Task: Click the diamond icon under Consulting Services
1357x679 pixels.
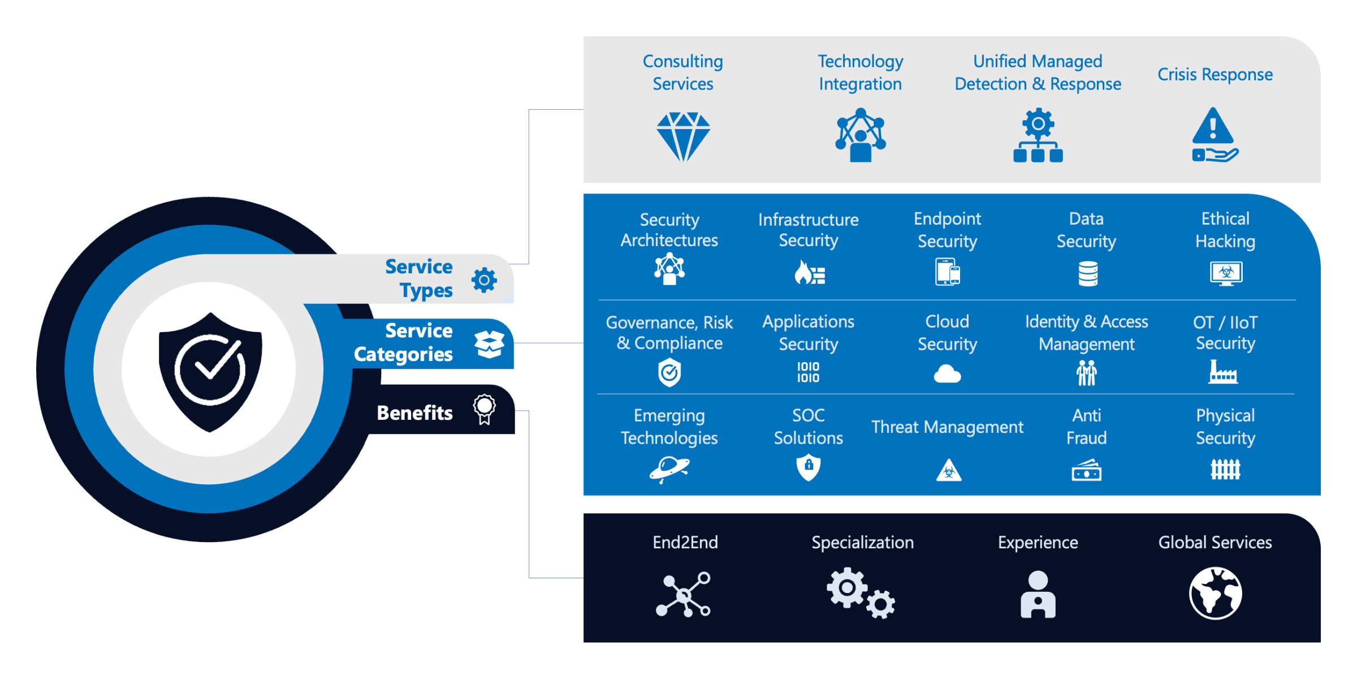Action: pyautogui.click(x=683, y=136)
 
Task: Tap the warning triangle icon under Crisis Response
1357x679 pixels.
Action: pyautogui.click(x=1213, y=135)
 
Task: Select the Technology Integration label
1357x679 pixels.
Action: pyautogui.click(x=860, y=72)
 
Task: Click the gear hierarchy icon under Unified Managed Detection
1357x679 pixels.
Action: pyautogui.click(x=1038, y=136)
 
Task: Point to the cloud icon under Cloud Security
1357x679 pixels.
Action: pyautogui.click(x=947, y=374)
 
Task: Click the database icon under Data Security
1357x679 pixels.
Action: pyautogui.click(x=1087, y=273)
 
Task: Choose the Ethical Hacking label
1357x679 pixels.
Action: pyautogui.click(x=1225, y=230)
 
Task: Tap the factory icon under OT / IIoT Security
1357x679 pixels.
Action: pyautogui.click(x=1223, y=372)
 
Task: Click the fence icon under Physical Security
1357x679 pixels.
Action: pyautogui.click(x=1225, y=469)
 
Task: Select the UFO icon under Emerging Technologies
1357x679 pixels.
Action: pyautogui.click(x=669, y=469)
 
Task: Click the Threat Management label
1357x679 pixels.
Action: pyautogui.click(x=947, y=427)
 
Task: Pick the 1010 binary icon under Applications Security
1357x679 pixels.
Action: pyautogui.click(x=808, y=372)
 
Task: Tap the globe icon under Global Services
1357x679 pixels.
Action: pyautogui.click(x=1215, y=593)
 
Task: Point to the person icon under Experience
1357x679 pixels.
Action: pyautogui.click(x=1038, y=594)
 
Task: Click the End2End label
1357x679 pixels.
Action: pyautogui.click(x=685, y=542)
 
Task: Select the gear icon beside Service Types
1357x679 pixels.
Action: pyautogui.click(x=484, y=280)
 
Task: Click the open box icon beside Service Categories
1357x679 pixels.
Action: pyautogui.click(x=489, y=343)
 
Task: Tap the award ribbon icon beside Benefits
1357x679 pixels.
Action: pyautogui.click(x=484, y=409)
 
